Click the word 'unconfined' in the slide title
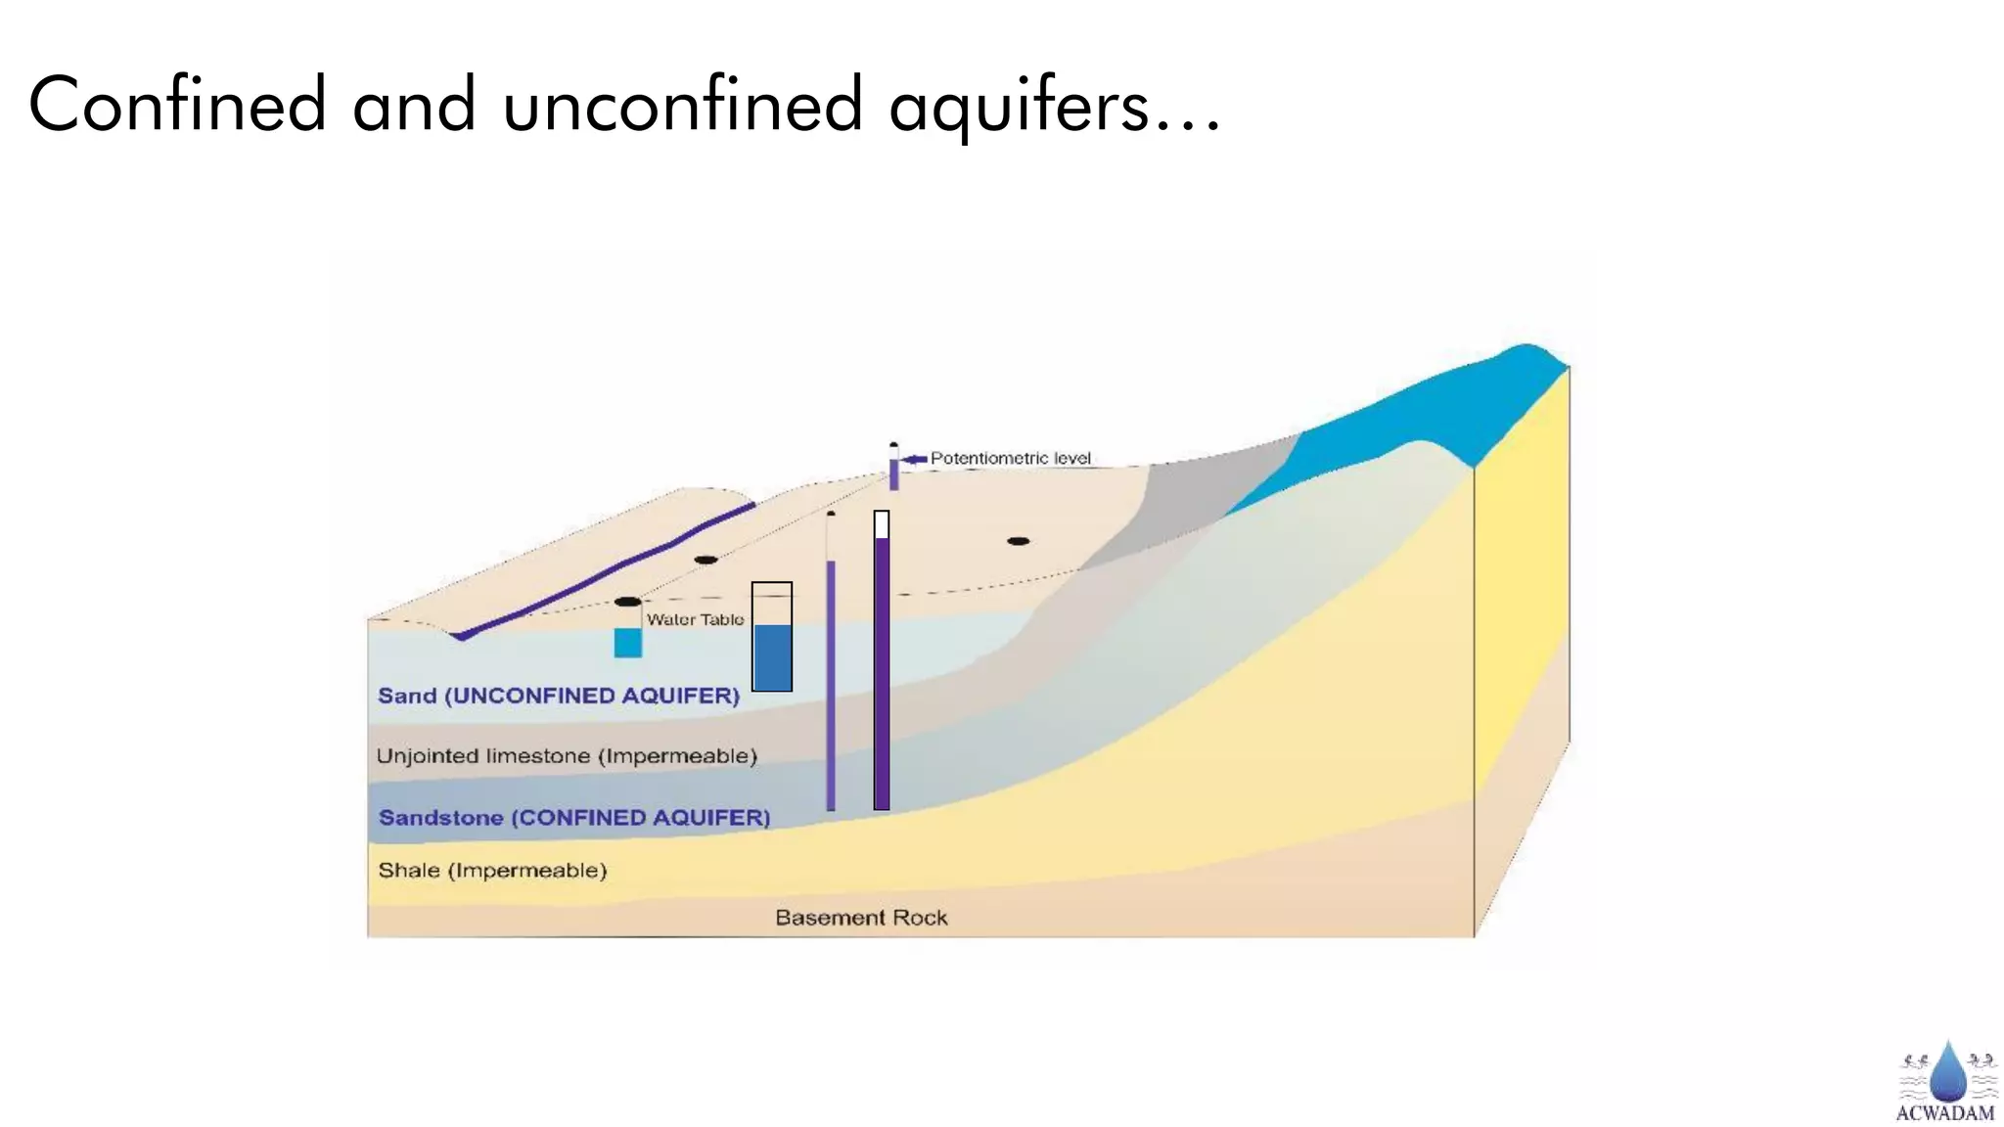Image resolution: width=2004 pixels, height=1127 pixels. click(682, 106)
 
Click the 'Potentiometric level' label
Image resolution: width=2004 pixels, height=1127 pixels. click(1010, 458)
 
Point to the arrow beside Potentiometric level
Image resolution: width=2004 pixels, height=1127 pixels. click(914, 459)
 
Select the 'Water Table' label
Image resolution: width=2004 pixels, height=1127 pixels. click(695, 619)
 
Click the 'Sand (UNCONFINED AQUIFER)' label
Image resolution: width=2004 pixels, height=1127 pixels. click(559, 696)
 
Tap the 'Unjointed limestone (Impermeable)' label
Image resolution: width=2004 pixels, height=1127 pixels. click(567, 756)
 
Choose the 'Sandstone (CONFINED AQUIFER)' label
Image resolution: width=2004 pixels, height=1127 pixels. click(574, 817)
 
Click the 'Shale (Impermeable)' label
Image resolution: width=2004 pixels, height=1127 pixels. click(492, 870)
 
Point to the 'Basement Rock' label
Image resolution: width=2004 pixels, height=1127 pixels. click(861, 918)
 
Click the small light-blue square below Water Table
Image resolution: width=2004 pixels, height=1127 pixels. click(628, 643)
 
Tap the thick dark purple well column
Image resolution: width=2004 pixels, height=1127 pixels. click(882, 675)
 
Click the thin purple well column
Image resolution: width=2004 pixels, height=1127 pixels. click(831, 685)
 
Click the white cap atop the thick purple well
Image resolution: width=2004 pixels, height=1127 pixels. click(882, 524)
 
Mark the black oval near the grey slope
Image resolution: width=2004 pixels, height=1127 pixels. click(1019, 541)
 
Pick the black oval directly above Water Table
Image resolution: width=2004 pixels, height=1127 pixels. click(628, 602)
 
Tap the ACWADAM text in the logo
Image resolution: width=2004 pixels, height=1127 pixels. click(1944, 1112)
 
